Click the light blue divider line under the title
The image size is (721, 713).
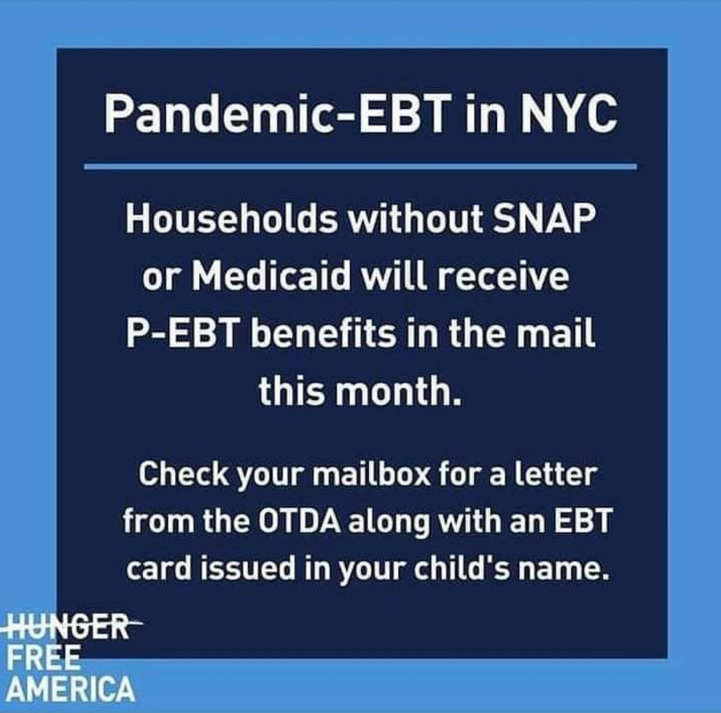click(x=360, y=166)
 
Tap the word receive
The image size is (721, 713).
click(x=503, y=276)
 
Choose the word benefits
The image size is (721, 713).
click(x=322, y=333)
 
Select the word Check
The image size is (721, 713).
click(x=183, y=474)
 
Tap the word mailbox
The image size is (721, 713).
click(x=372, y=474)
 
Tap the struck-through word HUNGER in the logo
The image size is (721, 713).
click(x=72, y=626)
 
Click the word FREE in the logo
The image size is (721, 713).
click(x=43, y=657)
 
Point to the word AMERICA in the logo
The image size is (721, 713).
click(x=71, y=689)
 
